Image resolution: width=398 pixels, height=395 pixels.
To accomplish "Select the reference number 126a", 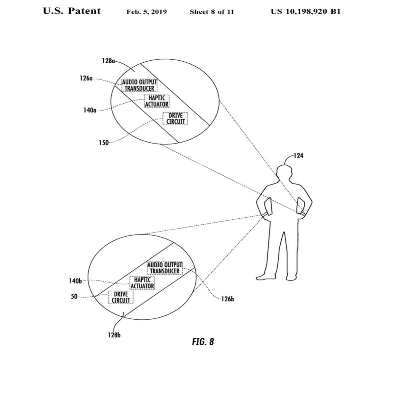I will (x=86, y=79).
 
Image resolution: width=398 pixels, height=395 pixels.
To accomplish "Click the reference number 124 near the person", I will (x=298, y=155).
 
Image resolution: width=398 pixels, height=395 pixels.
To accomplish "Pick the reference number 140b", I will (x=75, y=281).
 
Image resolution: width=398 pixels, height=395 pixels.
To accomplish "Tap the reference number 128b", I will (x=114, y=335).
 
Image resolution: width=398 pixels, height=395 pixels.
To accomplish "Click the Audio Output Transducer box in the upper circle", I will (x=139, y=85).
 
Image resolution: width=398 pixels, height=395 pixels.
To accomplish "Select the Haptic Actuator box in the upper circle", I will (x=157, y=101).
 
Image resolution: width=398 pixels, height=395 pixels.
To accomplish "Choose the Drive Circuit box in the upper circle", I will (x=175, y=119).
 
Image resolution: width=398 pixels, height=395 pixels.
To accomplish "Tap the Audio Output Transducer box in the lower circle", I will (x=165, y=268).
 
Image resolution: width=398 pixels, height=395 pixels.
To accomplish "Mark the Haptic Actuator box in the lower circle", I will (x=142, y=283).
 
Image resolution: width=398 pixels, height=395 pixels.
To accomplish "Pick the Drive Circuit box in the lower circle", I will (x=120, y=297).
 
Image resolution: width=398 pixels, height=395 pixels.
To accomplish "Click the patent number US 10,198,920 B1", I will (x=305, y=12).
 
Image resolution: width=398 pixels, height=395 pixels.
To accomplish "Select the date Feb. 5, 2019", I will (x=147, y=12).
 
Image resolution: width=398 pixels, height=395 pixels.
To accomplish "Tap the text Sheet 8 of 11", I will (x=212, y=12).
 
